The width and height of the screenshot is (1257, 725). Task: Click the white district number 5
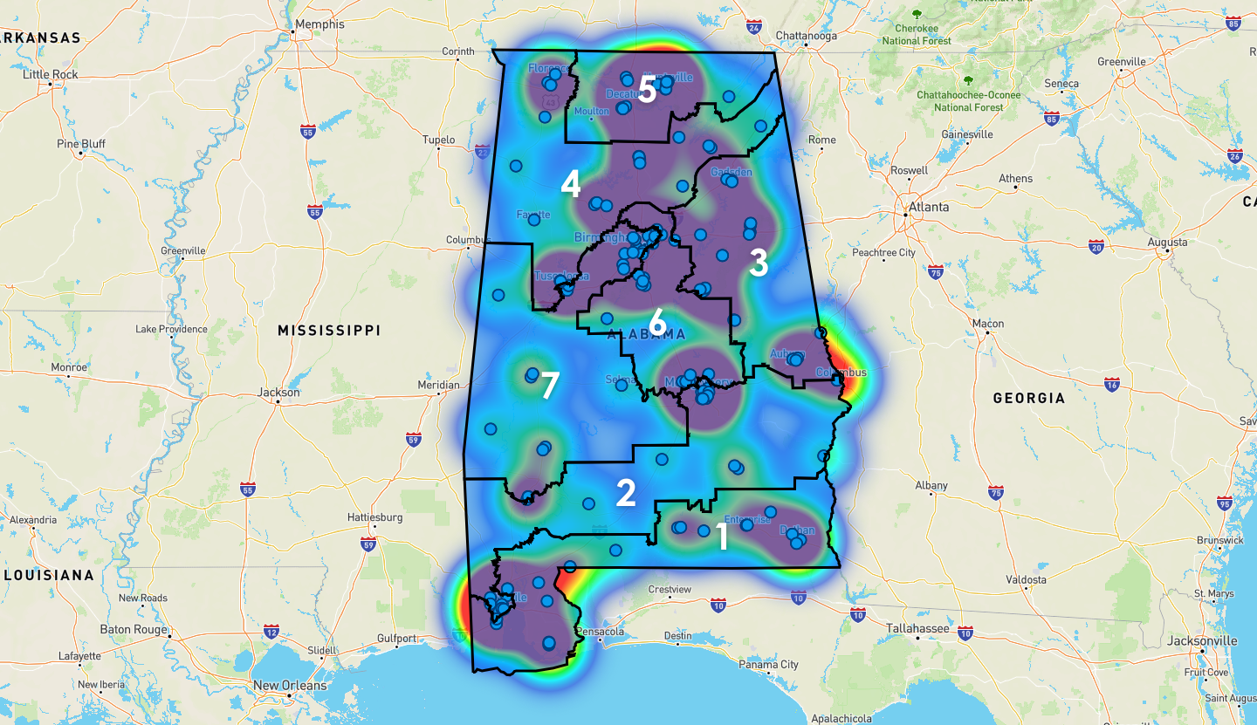pyautogui.click(x=647, y=90)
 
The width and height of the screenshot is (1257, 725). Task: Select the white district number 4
pyautogui.click(x=571, y=184)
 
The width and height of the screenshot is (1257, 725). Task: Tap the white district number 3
pyautogui.click(x=759, y=263)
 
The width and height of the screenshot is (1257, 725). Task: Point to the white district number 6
pyautogui.click(x=657, y=321)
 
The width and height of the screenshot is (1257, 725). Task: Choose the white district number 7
pyautogui.click(x=549, y=386)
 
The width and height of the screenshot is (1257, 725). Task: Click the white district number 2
pyautogui.click(x=626, y=493)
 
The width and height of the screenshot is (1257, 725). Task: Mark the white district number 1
pyautogui.click(x=722, y=537)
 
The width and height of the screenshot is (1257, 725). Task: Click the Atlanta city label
pyautogui.click(x=928, y=207)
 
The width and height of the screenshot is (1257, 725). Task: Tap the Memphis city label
pyautogui.click(x=320, y=24)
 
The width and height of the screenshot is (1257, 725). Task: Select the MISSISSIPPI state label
pyautogui.click(x=329, y=330)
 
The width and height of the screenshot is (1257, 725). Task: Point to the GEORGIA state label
pyautogui.click(x=1028, y=398)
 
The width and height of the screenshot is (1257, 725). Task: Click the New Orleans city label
pyautogui.click(x=290, y=685)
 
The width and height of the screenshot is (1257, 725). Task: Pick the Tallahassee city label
pyautogui.click(x=917, y=628)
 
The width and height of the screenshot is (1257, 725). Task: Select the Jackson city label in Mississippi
pyautogui.click(x=278, y=393)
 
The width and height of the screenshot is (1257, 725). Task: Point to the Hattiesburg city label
pyautogui.click(x=374, y=517)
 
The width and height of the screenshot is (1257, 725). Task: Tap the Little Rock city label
pyautogui.click(x=50, y=74)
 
